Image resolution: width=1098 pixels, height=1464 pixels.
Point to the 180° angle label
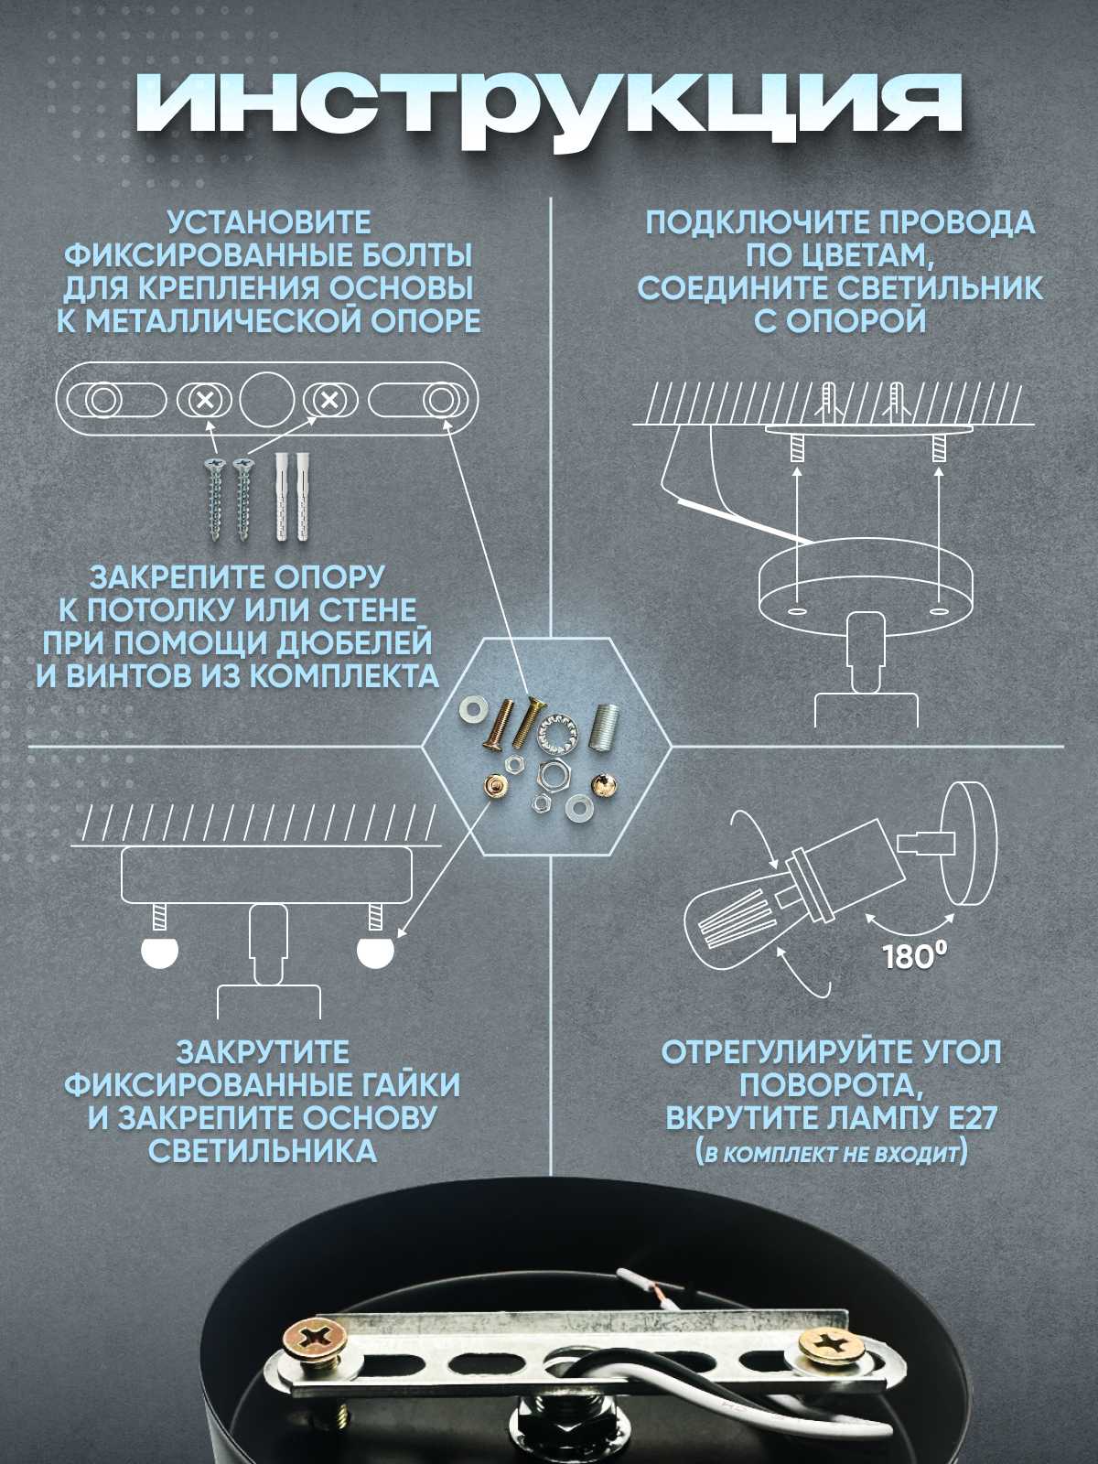[x=910, y=956]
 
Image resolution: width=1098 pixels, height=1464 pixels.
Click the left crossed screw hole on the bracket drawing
[x=205, y=401]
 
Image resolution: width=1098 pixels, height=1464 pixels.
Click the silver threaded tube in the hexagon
[x=606, y=727]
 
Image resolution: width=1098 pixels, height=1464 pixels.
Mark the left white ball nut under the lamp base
[x=160, y=953]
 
